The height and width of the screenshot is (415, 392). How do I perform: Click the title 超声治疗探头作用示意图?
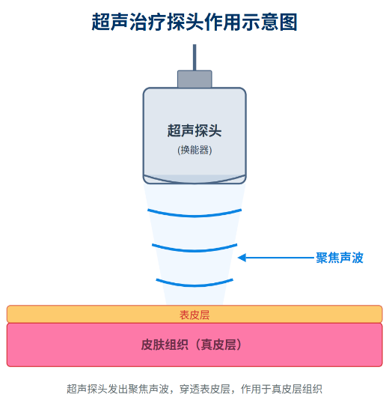(x=195, y=22)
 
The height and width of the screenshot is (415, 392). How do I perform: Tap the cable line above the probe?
(x=195, y=58)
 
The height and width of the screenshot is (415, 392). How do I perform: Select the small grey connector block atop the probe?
(x=195, y=79)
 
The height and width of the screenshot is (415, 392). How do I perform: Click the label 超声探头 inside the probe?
(x=195, y=131)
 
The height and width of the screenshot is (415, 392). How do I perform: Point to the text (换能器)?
(x=195, y=150)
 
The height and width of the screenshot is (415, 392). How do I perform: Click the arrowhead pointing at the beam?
(x=242, y=258)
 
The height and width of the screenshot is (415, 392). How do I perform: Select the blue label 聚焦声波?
(x=340, y=258)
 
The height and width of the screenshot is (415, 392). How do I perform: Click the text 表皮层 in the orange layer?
(x=195, y=315)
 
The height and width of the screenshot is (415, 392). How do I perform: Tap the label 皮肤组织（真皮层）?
(x=192, y=345)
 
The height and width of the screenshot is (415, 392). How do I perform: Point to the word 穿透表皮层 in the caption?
(x=204, y=389)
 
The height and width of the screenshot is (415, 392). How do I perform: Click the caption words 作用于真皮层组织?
(x=281, y=389)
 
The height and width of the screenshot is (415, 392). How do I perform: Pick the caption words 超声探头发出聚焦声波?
(x=117, y=389)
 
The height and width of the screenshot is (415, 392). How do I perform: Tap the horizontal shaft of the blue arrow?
(x=280, y=258)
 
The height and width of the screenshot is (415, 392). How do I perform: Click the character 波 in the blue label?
(x=358, y=258)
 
